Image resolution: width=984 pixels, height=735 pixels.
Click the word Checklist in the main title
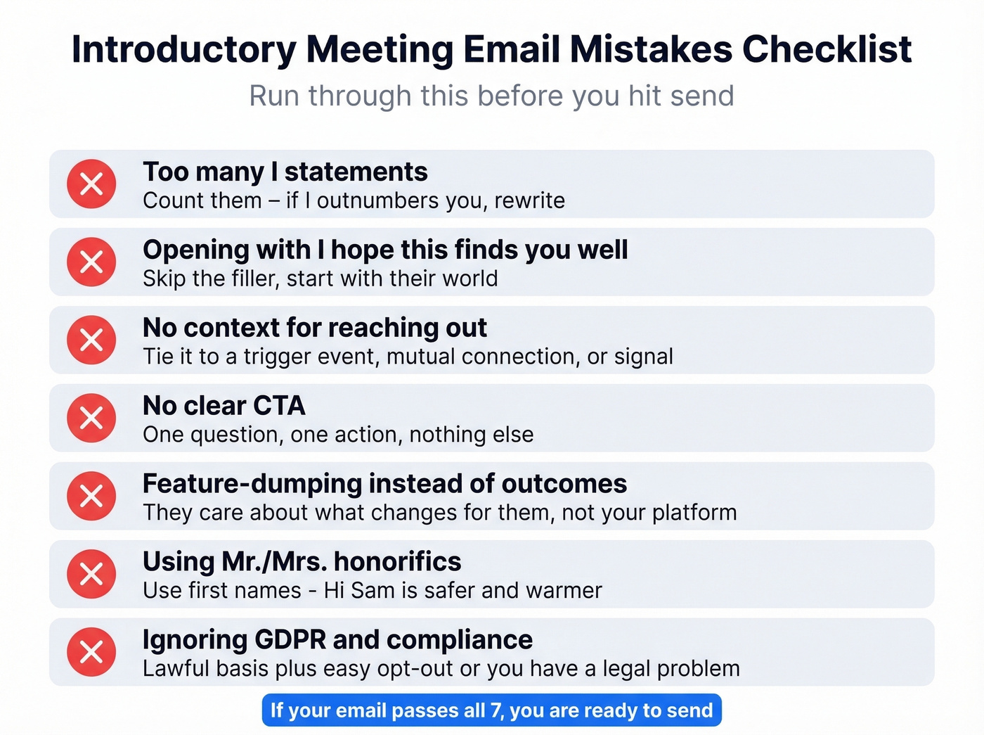tap(827, 50)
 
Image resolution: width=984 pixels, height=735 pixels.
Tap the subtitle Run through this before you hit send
tap(491, 96)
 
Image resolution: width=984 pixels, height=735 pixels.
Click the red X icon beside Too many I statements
tap(91, 184)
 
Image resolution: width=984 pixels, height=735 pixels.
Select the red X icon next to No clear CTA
tap(91, 418)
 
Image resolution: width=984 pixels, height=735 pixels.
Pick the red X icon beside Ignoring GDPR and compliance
tap(91, 652)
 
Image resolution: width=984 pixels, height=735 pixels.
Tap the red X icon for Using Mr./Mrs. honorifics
tap(91, 574)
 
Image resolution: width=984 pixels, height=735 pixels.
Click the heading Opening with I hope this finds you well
tap(385, 250)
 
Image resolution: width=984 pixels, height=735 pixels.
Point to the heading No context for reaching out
tap(314, 328)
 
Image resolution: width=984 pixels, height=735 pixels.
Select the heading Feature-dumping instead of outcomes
tap(384, 484)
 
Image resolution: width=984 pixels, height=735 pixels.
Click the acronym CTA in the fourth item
tap(279, 406)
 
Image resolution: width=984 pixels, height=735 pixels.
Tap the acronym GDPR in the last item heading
tap(290, 640)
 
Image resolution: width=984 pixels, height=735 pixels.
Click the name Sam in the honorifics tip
tap(373, 590)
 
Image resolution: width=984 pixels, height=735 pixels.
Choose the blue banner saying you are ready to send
tap(491, 710)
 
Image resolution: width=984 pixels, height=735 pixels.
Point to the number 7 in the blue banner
tap(496, 710)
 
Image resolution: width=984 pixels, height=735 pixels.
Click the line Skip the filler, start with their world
tap(320, 279)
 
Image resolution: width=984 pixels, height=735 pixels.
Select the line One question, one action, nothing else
tap(338, 435)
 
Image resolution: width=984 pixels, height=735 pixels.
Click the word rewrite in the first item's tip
tap(529, 201)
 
